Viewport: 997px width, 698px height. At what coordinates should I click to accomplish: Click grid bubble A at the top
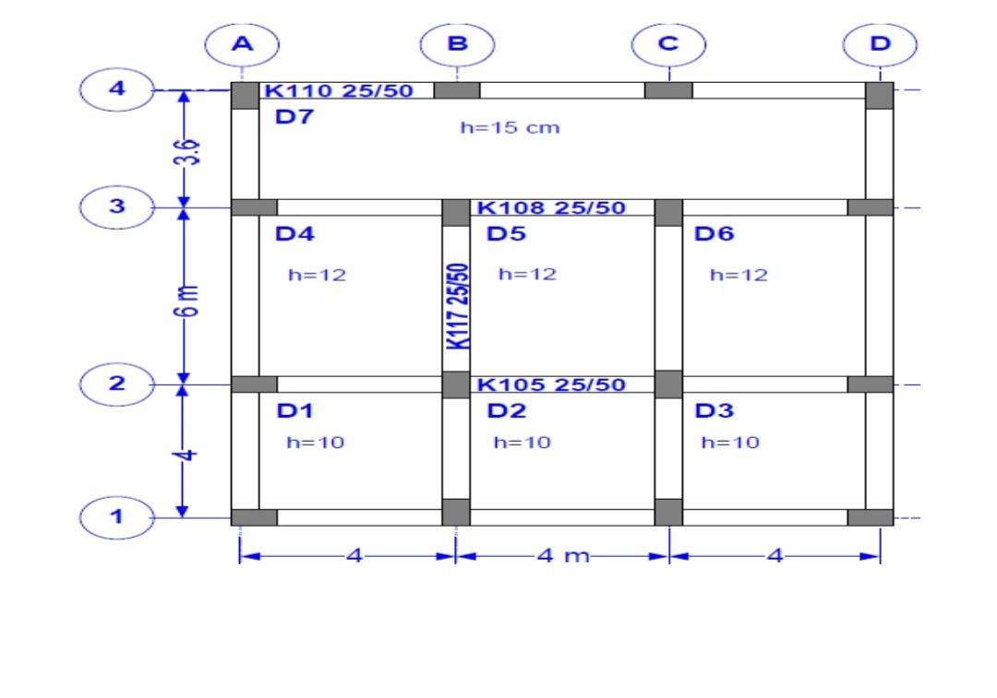pos(242,44)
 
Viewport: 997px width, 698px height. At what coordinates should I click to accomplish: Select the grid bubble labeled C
pos(668,44)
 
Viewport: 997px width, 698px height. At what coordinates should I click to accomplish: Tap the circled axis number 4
pos(116,89)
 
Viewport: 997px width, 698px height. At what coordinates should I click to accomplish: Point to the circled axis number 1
pos(116,516)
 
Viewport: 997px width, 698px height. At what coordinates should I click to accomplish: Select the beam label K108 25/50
pos(551,207)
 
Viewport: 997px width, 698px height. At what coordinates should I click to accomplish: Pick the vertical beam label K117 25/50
pos(457,306)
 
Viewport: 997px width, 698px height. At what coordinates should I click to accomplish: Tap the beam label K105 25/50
pos(551,384)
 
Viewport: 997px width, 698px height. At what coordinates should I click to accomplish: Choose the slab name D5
pos(506,234)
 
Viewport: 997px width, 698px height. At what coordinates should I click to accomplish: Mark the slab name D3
pos(714,411)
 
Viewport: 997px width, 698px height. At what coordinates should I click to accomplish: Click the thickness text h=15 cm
pos(510,127)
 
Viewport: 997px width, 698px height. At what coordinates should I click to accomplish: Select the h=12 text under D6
pos(739,275)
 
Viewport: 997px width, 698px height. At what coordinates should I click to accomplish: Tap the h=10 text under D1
pos(315,443)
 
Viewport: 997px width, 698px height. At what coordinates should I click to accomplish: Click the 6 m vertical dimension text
pos(185,300)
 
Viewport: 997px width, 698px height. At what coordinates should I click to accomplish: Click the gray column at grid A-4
pos(245,95)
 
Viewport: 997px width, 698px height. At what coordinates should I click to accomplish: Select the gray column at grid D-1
pos(871,517)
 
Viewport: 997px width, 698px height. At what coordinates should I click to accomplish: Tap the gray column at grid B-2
pos(456,384)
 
